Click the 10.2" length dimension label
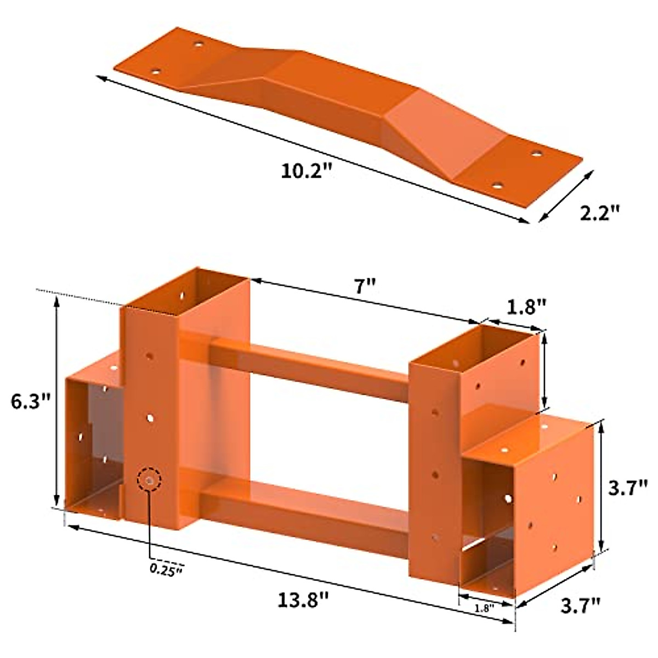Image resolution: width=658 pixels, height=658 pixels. [307, 171]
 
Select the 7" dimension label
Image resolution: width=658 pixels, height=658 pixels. [365, 286]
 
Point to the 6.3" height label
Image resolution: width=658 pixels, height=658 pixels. [31, 401]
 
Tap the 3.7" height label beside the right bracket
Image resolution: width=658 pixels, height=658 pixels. [628, 489]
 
